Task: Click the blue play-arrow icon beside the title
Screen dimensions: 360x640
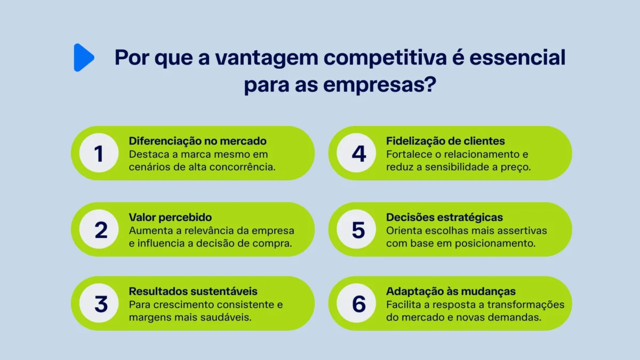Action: pos(83,58)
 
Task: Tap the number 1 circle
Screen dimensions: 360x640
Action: pos(98,154)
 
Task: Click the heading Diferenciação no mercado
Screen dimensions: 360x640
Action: pos(197,141)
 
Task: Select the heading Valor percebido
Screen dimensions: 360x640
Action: pos(170,217)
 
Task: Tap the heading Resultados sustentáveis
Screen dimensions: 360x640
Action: pos(193,291)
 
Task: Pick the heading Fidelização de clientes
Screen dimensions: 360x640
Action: pos(445,141)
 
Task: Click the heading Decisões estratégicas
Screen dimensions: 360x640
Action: pos(444,217)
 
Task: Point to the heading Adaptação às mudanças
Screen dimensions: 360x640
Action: pos(451,291)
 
